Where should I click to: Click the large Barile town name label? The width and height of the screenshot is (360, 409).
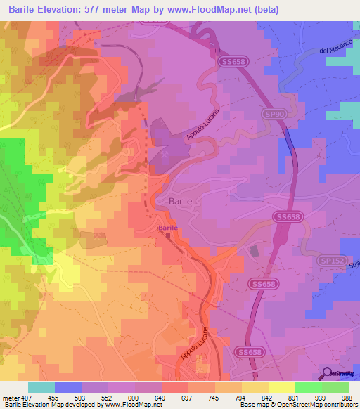click(x=181, y=201)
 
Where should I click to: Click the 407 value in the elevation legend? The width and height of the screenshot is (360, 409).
click(x=27, y=397)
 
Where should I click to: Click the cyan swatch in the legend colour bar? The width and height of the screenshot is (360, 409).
click(x=41, y=387)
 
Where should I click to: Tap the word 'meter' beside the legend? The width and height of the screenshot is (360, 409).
click(x=10, y=397)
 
